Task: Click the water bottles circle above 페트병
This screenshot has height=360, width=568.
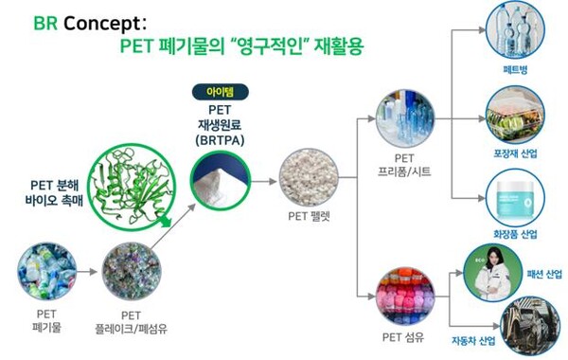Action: click(x=515, y=32)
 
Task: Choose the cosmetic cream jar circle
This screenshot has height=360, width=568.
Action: click(x=514, y=196)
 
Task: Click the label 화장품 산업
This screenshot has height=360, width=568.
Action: click(x=515, y=234)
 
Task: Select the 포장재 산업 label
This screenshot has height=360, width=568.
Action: click(x=515, y=154)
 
